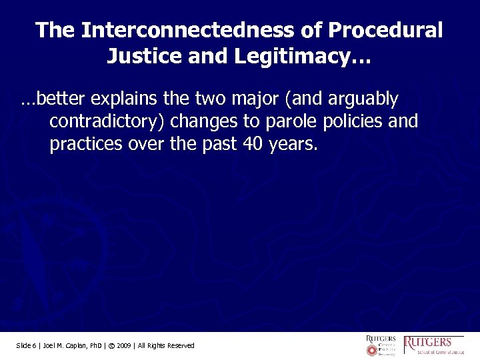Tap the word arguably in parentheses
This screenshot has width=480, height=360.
pos(361,100)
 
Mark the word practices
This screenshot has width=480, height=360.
pos(83,144)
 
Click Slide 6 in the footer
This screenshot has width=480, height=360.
pos(28,345)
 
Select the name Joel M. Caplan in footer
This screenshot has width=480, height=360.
pos(67,345)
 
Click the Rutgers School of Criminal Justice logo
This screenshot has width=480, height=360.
pos(434,345)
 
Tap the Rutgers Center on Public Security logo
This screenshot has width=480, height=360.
pos(380,345)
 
